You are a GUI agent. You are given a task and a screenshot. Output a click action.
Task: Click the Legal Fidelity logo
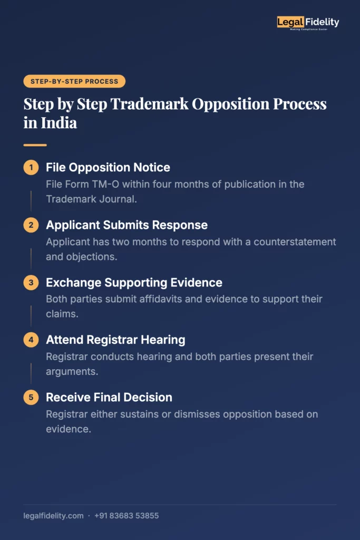pyautogui.click(x=308, y=22)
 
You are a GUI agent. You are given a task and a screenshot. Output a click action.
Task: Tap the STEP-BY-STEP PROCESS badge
pyautogui.click(x=74, y=81)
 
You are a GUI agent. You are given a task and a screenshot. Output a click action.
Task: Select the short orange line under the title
pyautogui.click(x=35, y=145)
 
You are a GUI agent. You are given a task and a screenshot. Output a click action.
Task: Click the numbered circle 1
pyautogui.click(x=31, y=168)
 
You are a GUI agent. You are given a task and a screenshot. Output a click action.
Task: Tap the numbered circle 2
pyautogui.click(x=31, y=225)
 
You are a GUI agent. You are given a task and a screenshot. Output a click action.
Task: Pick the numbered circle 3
pyautogui.click(x=31, y=283)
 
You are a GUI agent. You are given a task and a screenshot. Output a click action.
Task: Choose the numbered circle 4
pyautogui.click(x=31, y=340)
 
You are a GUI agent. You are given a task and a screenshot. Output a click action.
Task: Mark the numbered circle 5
pyautogui.click(x=31, y=398)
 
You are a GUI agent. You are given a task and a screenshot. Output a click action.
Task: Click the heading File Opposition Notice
pyautogui.click(x=108, y=168)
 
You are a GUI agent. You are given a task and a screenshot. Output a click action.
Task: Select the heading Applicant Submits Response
pyautogui.click(x=127, y=225)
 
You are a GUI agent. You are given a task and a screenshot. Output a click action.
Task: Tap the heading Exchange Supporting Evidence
pyautogui.click(x=134, y=283)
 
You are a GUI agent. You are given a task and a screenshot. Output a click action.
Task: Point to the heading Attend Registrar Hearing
pyautogui.click(x=115, y=340)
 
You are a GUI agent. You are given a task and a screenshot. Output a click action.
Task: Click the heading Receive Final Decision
pyautogui.click(x=109, y=398)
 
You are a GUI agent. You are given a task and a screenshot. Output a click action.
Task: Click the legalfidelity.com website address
pyautogui.click(x=53, y=516)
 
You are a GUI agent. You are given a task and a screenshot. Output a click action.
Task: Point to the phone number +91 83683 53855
pyautogui.click(x=127, y=516)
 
